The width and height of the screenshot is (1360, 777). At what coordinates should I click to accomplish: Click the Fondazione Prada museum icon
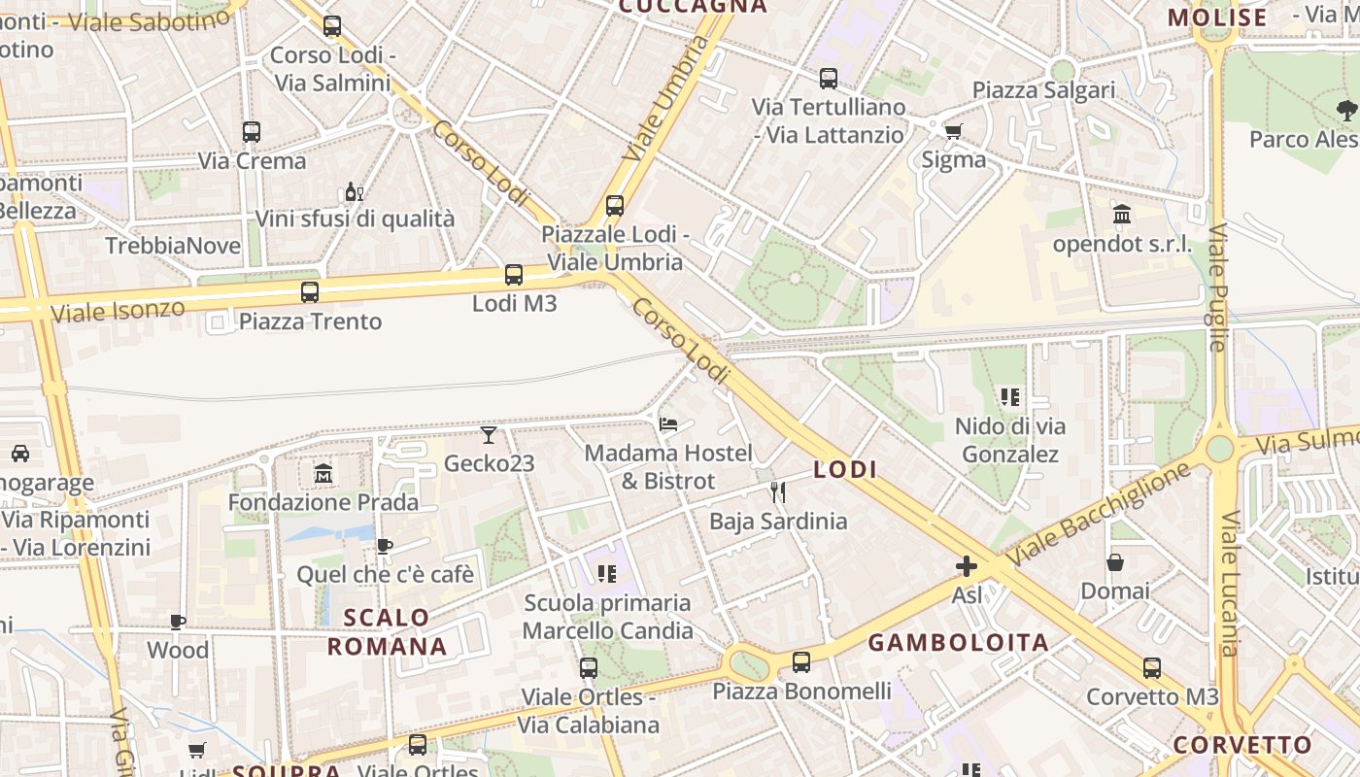[323, 474]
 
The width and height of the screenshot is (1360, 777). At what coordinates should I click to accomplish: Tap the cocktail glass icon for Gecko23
[489, 434]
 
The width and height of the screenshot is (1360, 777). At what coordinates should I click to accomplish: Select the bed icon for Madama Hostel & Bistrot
[668, 424]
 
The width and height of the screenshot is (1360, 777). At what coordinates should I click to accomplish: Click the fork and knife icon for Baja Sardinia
[777, 492]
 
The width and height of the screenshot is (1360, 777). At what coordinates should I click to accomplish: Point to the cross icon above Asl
[967, 565]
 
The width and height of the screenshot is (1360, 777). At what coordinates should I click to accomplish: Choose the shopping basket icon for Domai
[1115, 562]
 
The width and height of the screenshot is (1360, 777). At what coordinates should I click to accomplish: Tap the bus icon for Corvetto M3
[1152, 668]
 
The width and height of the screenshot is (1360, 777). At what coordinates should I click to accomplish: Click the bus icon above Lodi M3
[514, 275]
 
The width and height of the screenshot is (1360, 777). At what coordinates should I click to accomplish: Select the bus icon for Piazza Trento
[310, 291]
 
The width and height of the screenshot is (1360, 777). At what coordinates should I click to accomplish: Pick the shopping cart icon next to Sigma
[953, 131]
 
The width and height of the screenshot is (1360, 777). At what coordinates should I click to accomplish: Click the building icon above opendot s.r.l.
[1122, 215]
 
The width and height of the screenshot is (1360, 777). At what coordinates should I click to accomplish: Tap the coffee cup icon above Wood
[178, 622]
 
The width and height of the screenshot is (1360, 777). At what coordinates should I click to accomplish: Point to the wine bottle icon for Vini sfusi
[354, 191]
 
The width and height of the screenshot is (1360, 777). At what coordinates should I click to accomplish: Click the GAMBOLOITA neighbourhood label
[958, 643]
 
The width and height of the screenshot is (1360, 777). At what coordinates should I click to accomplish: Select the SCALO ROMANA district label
[387, 632]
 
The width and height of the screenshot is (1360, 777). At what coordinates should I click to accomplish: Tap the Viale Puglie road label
[1218, 287]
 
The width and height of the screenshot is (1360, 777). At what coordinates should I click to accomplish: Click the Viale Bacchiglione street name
[1099, 516]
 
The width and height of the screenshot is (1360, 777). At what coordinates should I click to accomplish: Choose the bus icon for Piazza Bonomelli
[801, 662]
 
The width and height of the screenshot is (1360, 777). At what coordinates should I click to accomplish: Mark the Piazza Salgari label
[1044, 90]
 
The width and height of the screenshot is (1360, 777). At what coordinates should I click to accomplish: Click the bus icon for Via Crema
[252, 132]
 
